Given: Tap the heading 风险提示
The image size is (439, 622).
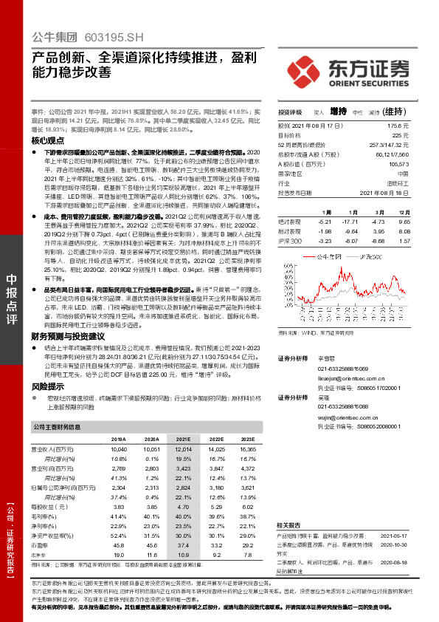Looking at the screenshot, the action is [46, 386].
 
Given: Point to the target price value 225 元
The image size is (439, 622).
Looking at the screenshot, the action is [401, 136].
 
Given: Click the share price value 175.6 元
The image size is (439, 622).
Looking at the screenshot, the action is [400, 127].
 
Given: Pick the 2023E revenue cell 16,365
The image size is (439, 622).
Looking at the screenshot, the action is [248, 449].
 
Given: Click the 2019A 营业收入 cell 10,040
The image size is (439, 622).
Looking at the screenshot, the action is [119, 449].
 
